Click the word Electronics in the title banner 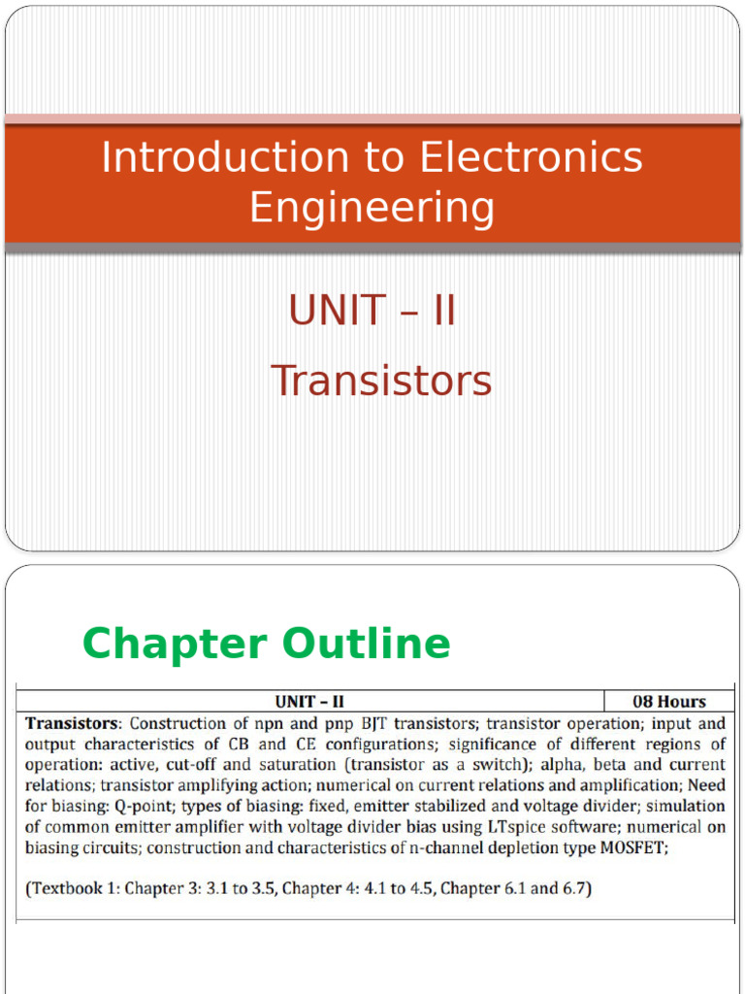pos(532,157)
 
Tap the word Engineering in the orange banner pos(372,207)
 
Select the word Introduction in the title pos(225,157)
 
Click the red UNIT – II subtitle pos(372,312)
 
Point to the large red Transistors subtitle pos(381,381)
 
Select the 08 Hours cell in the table pos(668,701)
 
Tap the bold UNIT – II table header pos(309,701)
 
